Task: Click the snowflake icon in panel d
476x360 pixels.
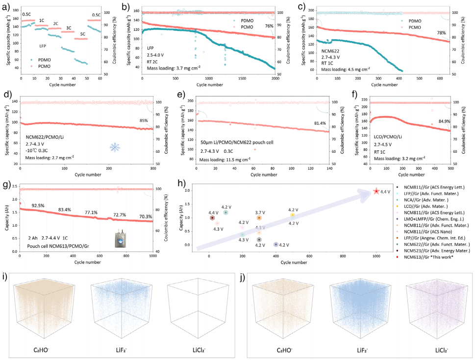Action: pyautogui.click(x=115, y=147)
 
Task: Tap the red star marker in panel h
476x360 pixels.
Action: pyautogui.click(x=376, y=191)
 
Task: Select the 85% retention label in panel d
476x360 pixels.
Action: pyautogui.click(x=143, y=121)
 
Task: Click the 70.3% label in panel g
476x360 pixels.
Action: pyautogui.click(x=145, y=216)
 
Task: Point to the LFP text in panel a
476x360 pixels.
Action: pyautogui.click(x=44, y=46)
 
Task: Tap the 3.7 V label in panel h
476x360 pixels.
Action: pyautogui.click(x=260, y=212)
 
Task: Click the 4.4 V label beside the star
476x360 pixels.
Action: pyautogui.click(x=386, y=192)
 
